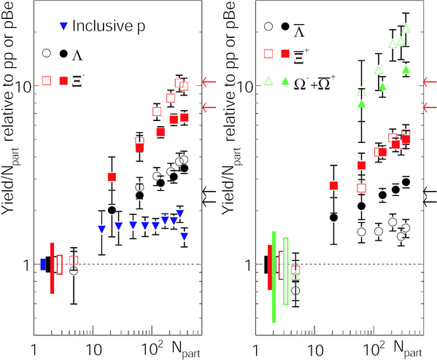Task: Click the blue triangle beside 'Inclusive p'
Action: (64, 26)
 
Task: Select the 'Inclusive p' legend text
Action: (109, 26)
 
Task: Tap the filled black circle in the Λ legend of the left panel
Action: (63, 53)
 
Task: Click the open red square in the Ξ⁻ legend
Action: (47, 81)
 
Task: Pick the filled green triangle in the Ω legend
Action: (285, 81)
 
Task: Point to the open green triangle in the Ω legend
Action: (268, 81)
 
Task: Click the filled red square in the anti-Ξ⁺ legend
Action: (285, 53)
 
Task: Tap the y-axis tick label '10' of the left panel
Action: (22, 86)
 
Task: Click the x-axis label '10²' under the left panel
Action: (152, 348)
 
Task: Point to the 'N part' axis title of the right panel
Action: (408, 349)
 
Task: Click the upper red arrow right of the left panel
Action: (209, 82)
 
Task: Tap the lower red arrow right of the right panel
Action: (430, 107)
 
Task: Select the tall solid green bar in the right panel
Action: (274, 277)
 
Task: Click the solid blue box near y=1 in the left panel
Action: (43, 265)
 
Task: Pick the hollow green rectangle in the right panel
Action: (286, 271)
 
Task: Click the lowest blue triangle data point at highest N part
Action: (185, 236)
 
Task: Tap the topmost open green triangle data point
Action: (406, 28)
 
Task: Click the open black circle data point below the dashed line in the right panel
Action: (295, 291)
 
